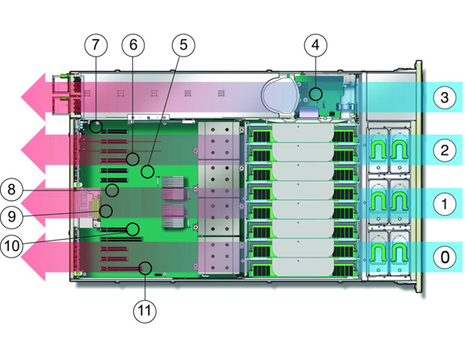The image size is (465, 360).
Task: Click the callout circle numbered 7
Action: pyautogui.click(x=95, y=44)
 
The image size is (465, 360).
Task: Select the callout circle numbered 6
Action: pyautogui.click(x=133, y=44)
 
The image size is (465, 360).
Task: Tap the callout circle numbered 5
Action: pyautogui.click(x=183, y=44)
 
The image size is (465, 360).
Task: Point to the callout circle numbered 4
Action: pyautogui.click(x=316, y=44)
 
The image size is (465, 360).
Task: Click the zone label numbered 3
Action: pyautogui.click(x=444, y=98)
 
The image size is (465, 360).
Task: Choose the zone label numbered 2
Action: pyautogui.click(x=444, y=150)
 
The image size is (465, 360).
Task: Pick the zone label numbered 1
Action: pyautogui.click(x=444, y=203)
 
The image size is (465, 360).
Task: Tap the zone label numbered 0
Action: pyautogui.click(x=444, y=257)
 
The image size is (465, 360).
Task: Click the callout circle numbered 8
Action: pyautogui.click(x=11, y=189)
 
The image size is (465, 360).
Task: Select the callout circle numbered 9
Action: pyautogui.click(x=11, y=216)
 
